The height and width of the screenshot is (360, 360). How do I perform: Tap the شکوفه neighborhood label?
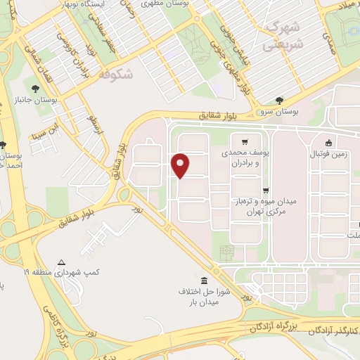(x=115, y=73)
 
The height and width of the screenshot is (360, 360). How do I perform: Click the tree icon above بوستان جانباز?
(x=35, y=89)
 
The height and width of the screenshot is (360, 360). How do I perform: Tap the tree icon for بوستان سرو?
(x=280, y=100)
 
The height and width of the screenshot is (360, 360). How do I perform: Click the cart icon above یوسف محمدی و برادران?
(x=245, y=141)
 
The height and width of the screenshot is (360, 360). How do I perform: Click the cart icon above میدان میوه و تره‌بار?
(x=266, y=190)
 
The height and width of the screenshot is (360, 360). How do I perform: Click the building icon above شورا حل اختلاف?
(x=203, y=280)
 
